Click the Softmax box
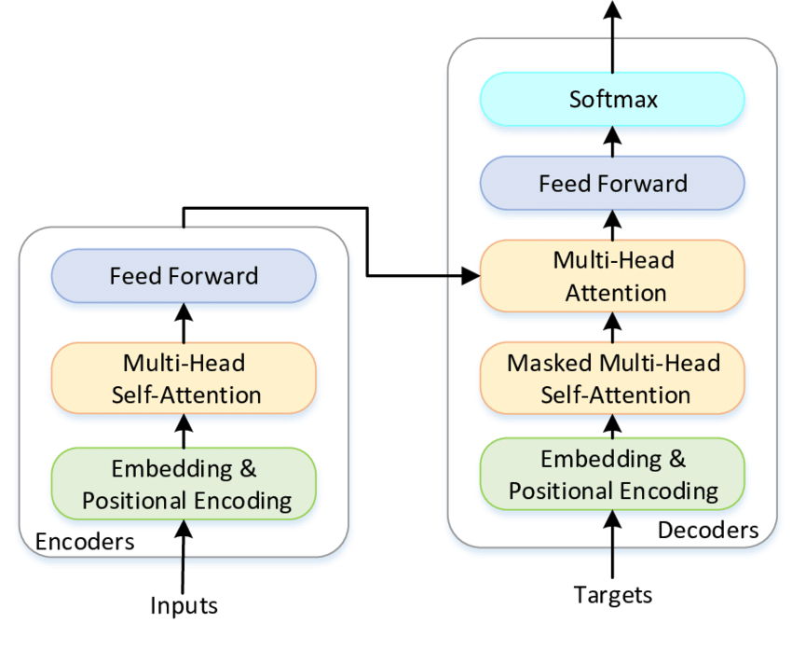point(612,99)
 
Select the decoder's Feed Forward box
point(612,183)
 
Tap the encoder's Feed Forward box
point(184,276)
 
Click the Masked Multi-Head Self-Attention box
point(612,378)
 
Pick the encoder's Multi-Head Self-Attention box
point(184,377)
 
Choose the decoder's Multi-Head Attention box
point(612,276)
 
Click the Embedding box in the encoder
point(184,482)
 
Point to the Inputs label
point(184,605)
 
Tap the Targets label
point(612,594)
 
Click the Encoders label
point(84,541)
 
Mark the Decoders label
point(708,531)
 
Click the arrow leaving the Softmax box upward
point(612,37)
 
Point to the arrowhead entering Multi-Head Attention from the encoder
point(471,275)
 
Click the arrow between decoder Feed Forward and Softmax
point(612,141)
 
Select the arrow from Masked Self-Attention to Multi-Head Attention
point(612,327)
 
